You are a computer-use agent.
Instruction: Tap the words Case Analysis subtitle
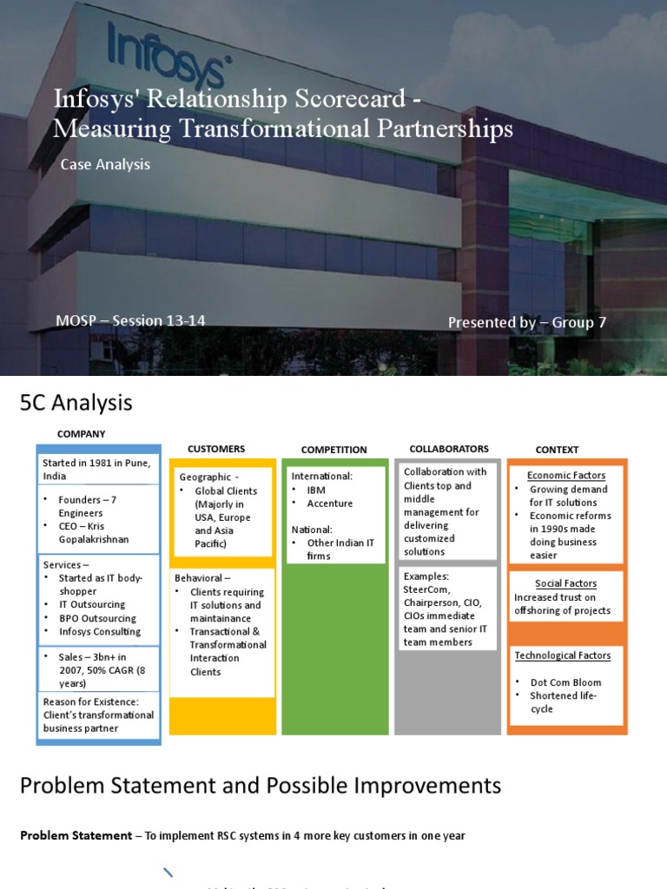point(105,164)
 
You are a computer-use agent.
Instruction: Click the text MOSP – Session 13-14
point(130,320)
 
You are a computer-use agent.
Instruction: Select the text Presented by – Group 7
point(526,322)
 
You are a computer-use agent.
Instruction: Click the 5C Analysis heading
point(76,403)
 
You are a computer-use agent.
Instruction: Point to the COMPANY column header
point(81,434)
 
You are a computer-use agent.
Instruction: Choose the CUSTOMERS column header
point(216,449)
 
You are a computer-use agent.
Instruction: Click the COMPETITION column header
point(333,450)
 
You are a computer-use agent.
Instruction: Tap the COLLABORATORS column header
point(448,449)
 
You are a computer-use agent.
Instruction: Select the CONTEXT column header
point(557,450)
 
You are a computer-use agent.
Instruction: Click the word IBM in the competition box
point(316,490)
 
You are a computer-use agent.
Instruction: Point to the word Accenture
point(330,504)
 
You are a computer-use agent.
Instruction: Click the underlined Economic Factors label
point(566,476)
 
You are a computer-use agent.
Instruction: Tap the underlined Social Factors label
point(566,583)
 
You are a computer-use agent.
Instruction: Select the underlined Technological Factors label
point(563,655)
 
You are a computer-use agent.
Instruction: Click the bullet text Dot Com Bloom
point(566,682)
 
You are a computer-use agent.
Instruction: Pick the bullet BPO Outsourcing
point(97,618)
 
